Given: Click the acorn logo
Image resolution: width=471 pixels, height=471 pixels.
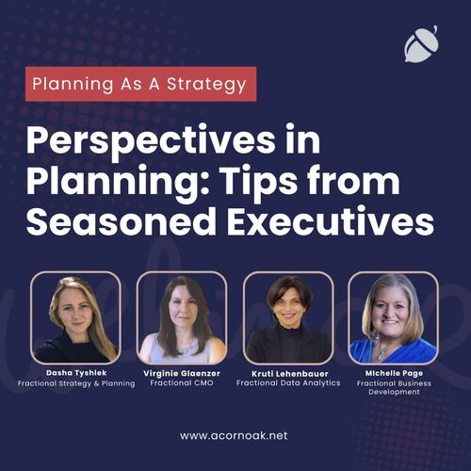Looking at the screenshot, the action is pyautogui.click(x=421, y=44).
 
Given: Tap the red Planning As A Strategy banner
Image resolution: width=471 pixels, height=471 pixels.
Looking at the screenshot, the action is pyautogui.click(x=140, y=84).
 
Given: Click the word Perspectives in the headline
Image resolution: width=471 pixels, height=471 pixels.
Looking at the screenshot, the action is pyautogui.click(x=151, y=142).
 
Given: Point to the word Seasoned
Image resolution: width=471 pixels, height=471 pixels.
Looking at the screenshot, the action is pyautogui.click(x=122, y=221).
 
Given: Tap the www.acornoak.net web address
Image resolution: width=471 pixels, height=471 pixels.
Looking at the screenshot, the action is pyautogui.click(x=234, y=435).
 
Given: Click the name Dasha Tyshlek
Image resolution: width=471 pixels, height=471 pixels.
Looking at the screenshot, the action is pyautogui.click(x=76, y=373).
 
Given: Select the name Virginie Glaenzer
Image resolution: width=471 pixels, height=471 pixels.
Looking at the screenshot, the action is pyautogui.click(x=182, y=373).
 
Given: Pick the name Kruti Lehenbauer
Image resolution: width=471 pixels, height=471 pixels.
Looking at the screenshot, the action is pyautogui.click(x=290, y=373).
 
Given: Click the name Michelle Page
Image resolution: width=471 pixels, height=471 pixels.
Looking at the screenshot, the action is pyautogui.click(x=394, y=373).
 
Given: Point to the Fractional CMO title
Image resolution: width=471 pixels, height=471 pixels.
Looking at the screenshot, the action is pyautogui.click(x=182, y=382).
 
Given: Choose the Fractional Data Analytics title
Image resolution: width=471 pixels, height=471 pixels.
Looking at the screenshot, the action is pyautogui.click(x=288, y=382).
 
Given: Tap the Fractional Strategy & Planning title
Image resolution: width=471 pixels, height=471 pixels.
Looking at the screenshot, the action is pyautogui.click(x=76, y=383).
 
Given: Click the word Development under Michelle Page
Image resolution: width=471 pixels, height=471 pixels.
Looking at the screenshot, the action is pyautogui.click(x=394, y=392).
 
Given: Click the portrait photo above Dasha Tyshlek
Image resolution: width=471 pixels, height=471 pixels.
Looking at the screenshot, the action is pyautogui.click(x=75, y=317).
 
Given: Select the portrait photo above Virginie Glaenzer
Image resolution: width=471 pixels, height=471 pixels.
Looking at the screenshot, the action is pyautogui.click(x=182, y=317).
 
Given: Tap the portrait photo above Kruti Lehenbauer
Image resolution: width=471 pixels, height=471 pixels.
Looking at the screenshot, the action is pyautogui.click(x=288, y=317).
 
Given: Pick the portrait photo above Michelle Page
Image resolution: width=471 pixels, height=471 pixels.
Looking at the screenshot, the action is pyautogui.click(x=394, y=317).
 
